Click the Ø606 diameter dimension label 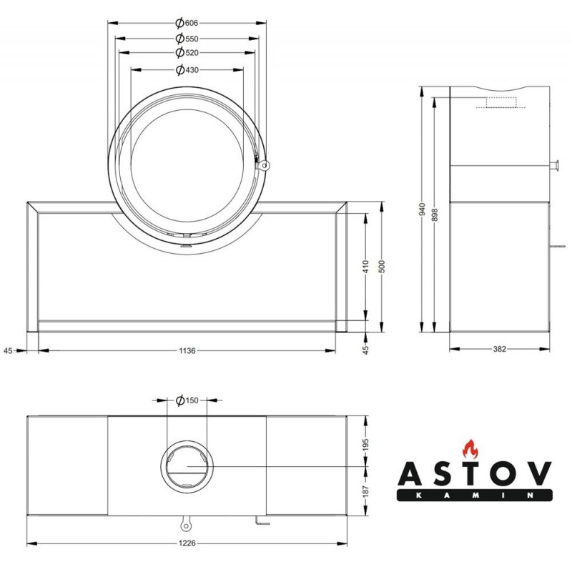tap(187, 23)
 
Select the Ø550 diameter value tap(187, 39)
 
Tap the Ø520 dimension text tap(187, 52)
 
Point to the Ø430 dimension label tap(187, 69)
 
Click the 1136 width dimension tap(187, 351)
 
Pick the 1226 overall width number tap(187, 543)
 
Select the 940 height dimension tap(423, 209)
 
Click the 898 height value tap(434, 214)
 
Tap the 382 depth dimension tap(499, 349)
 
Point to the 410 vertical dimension tap(366, 266)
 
